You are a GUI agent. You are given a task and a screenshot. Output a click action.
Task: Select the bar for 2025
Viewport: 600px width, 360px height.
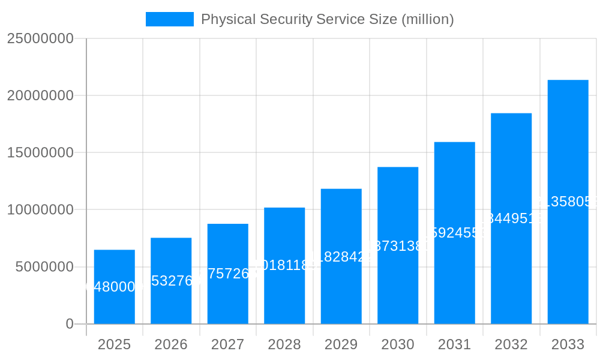point(114,287)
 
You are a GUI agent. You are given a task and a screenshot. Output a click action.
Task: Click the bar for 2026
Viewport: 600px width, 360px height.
point(171,281)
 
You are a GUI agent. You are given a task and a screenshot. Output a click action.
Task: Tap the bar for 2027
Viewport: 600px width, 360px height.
point(228,274)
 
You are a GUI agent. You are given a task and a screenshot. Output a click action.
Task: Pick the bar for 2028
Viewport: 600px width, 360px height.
point(284,266)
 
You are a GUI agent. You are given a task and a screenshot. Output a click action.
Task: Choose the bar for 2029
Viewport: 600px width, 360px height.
point(341,256)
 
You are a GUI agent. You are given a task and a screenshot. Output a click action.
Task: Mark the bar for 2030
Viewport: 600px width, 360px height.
point(398,245)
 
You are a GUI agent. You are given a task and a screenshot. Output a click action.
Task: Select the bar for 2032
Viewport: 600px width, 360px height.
point(511,218)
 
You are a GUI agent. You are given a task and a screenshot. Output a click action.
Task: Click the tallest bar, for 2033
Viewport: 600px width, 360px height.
point(568,202)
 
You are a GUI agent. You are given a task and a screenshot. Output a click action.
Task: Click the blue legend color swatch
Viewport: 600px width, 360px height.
point(170,19)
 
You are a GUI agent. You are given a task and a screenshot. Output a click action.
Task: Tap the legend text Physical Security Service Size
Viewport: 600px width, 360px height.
point(327,19)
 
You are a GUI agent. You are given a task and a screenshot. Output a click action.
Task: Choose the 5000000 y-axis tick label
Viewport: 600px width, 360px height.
point(44,267)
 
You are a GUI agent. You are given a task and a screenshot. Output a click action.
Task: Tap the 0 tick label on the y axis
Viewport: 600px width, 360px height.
point(69,324)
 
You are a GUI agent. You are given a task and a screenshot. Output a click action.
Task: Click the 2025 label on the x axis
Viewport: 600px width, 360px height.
point(114,344)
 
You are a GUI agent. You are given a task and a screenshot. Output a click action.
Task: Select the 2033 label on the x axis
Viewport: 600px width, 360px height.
point(568,344)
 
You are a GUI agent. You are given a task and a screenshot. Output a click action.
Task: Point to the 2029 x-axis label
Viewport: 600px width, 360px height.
point(341,344)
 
